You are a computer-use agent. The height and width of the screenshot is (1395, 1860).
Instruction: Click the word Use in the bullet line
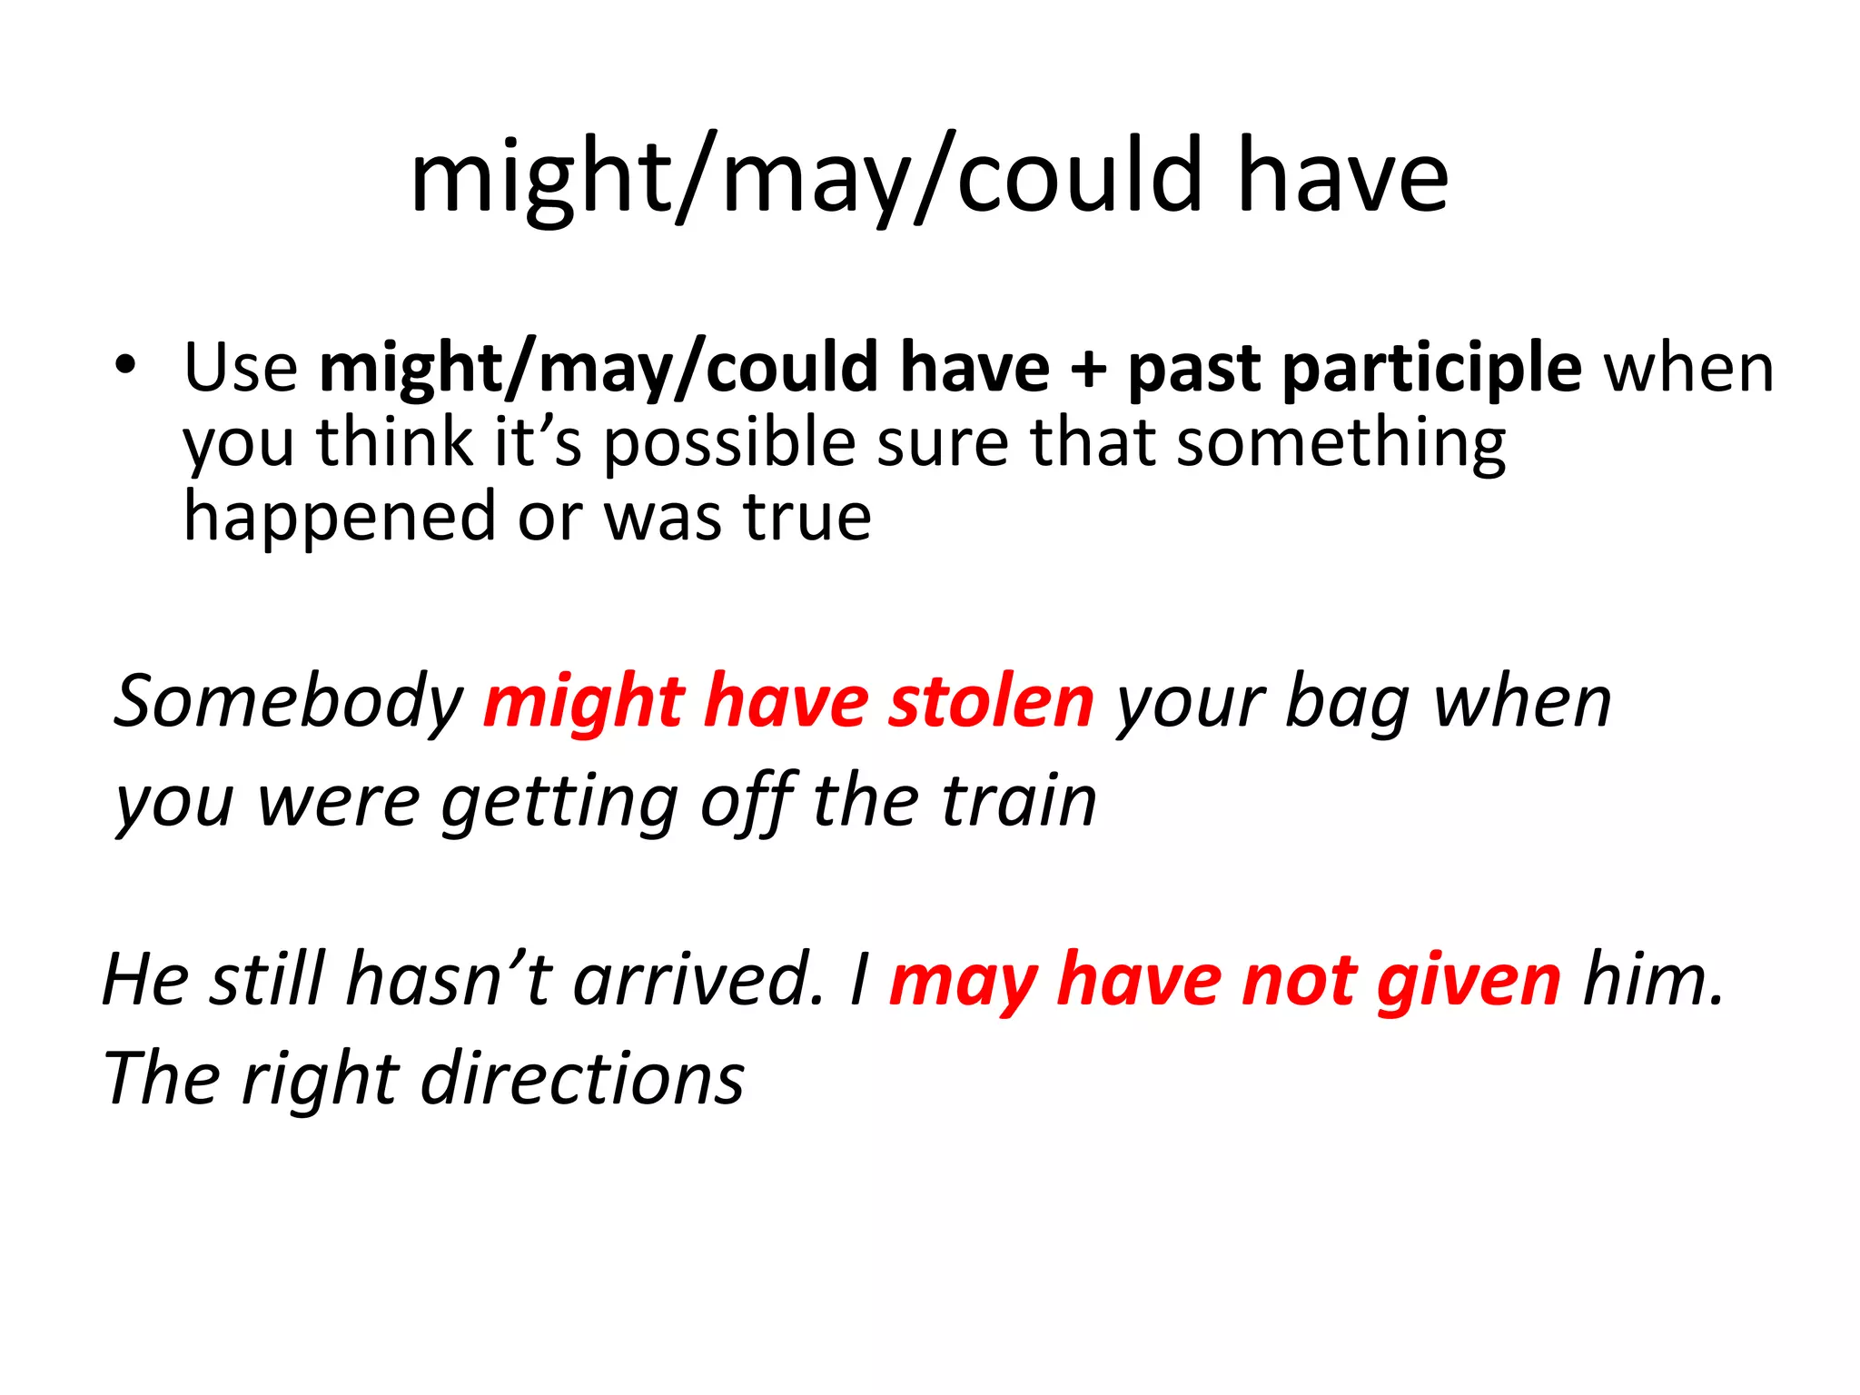[241, 368]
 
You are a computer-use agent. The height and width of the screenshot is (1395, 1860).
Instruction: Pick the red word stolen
[991, 702]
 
